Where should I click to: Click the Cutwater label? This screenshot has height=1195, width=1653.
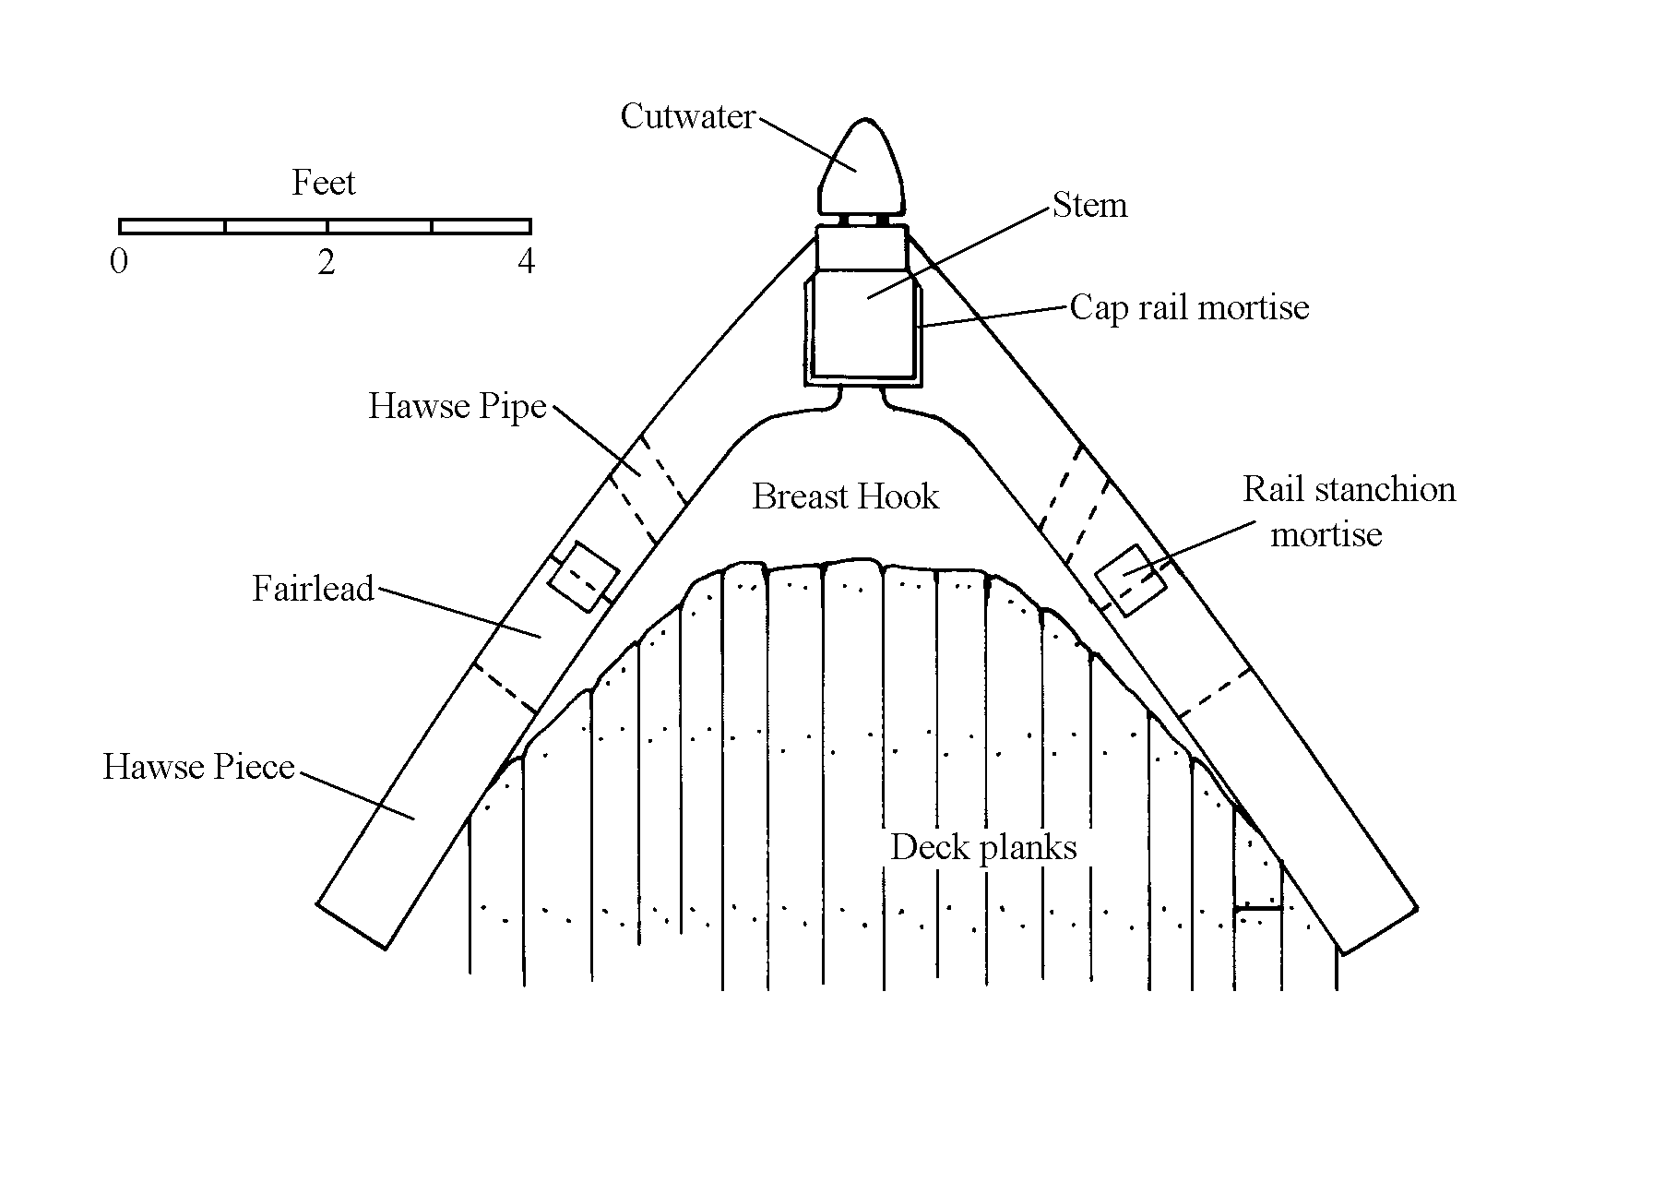[687, 117]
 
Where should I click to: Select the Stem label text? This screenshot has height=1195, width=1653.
[1089, 205]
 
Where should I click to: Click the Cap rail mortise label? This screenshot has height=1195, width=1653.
[1189, 307]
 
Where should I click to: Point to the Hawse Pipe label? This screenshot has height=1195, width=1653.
[458, 406]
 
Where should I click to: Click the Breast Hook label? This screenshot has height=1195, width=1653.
[845, 496]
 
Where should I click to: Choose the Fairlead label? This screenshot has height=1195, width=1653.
[314, 589]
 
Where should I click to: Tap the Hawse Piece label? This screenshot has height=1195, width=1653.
[198, 767]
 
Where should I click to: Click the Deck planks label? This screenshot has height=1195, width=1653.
[983, 847]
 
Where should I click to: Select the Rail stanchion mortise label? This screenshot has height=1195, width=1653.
[1348, 511]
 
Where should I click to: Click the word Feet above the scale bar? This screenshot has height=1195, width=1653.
[324, 183]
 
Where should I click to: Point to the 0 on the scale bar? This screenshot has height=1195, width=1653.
[119, 262]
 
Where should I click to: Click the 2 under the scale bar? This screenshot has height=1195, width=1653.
[326, 263]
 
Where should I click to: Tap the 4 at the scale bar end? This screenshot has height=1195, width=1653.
[526, 262]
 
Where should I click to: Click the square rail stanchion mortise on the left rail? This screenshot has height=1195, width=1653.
[583, 576]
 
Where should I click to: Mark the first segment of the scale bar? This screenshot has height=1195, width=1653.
[172, 226]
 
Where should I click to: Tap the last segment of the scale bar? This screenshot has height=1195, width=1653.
[481, 226]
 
